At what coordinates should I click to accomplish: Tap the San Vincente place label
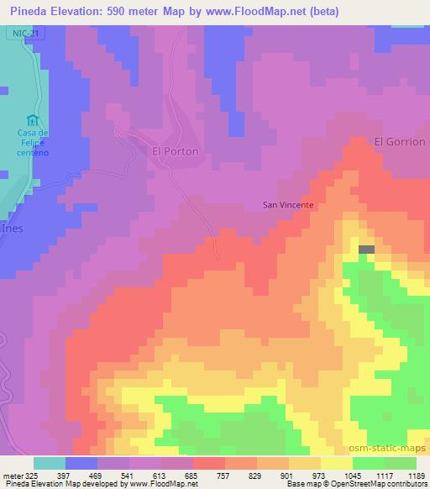pyautogui.click(x=288, y=204)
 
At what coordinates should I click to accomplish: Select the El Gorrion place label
pyautogui.click(x=400, y=141)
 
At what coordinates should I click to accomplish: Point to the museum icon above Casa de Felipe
pyautogui.click(x=33, y=118)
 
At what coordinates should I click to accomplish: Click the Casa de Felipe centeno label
pyautogui.click(x=33, y=144)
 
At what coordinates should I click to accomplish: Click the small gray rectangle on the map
pyautogui.click(x=367, y=249)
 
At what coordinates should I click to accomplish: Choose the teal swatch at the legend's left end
pyautogui.click(x=49, y=463)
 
